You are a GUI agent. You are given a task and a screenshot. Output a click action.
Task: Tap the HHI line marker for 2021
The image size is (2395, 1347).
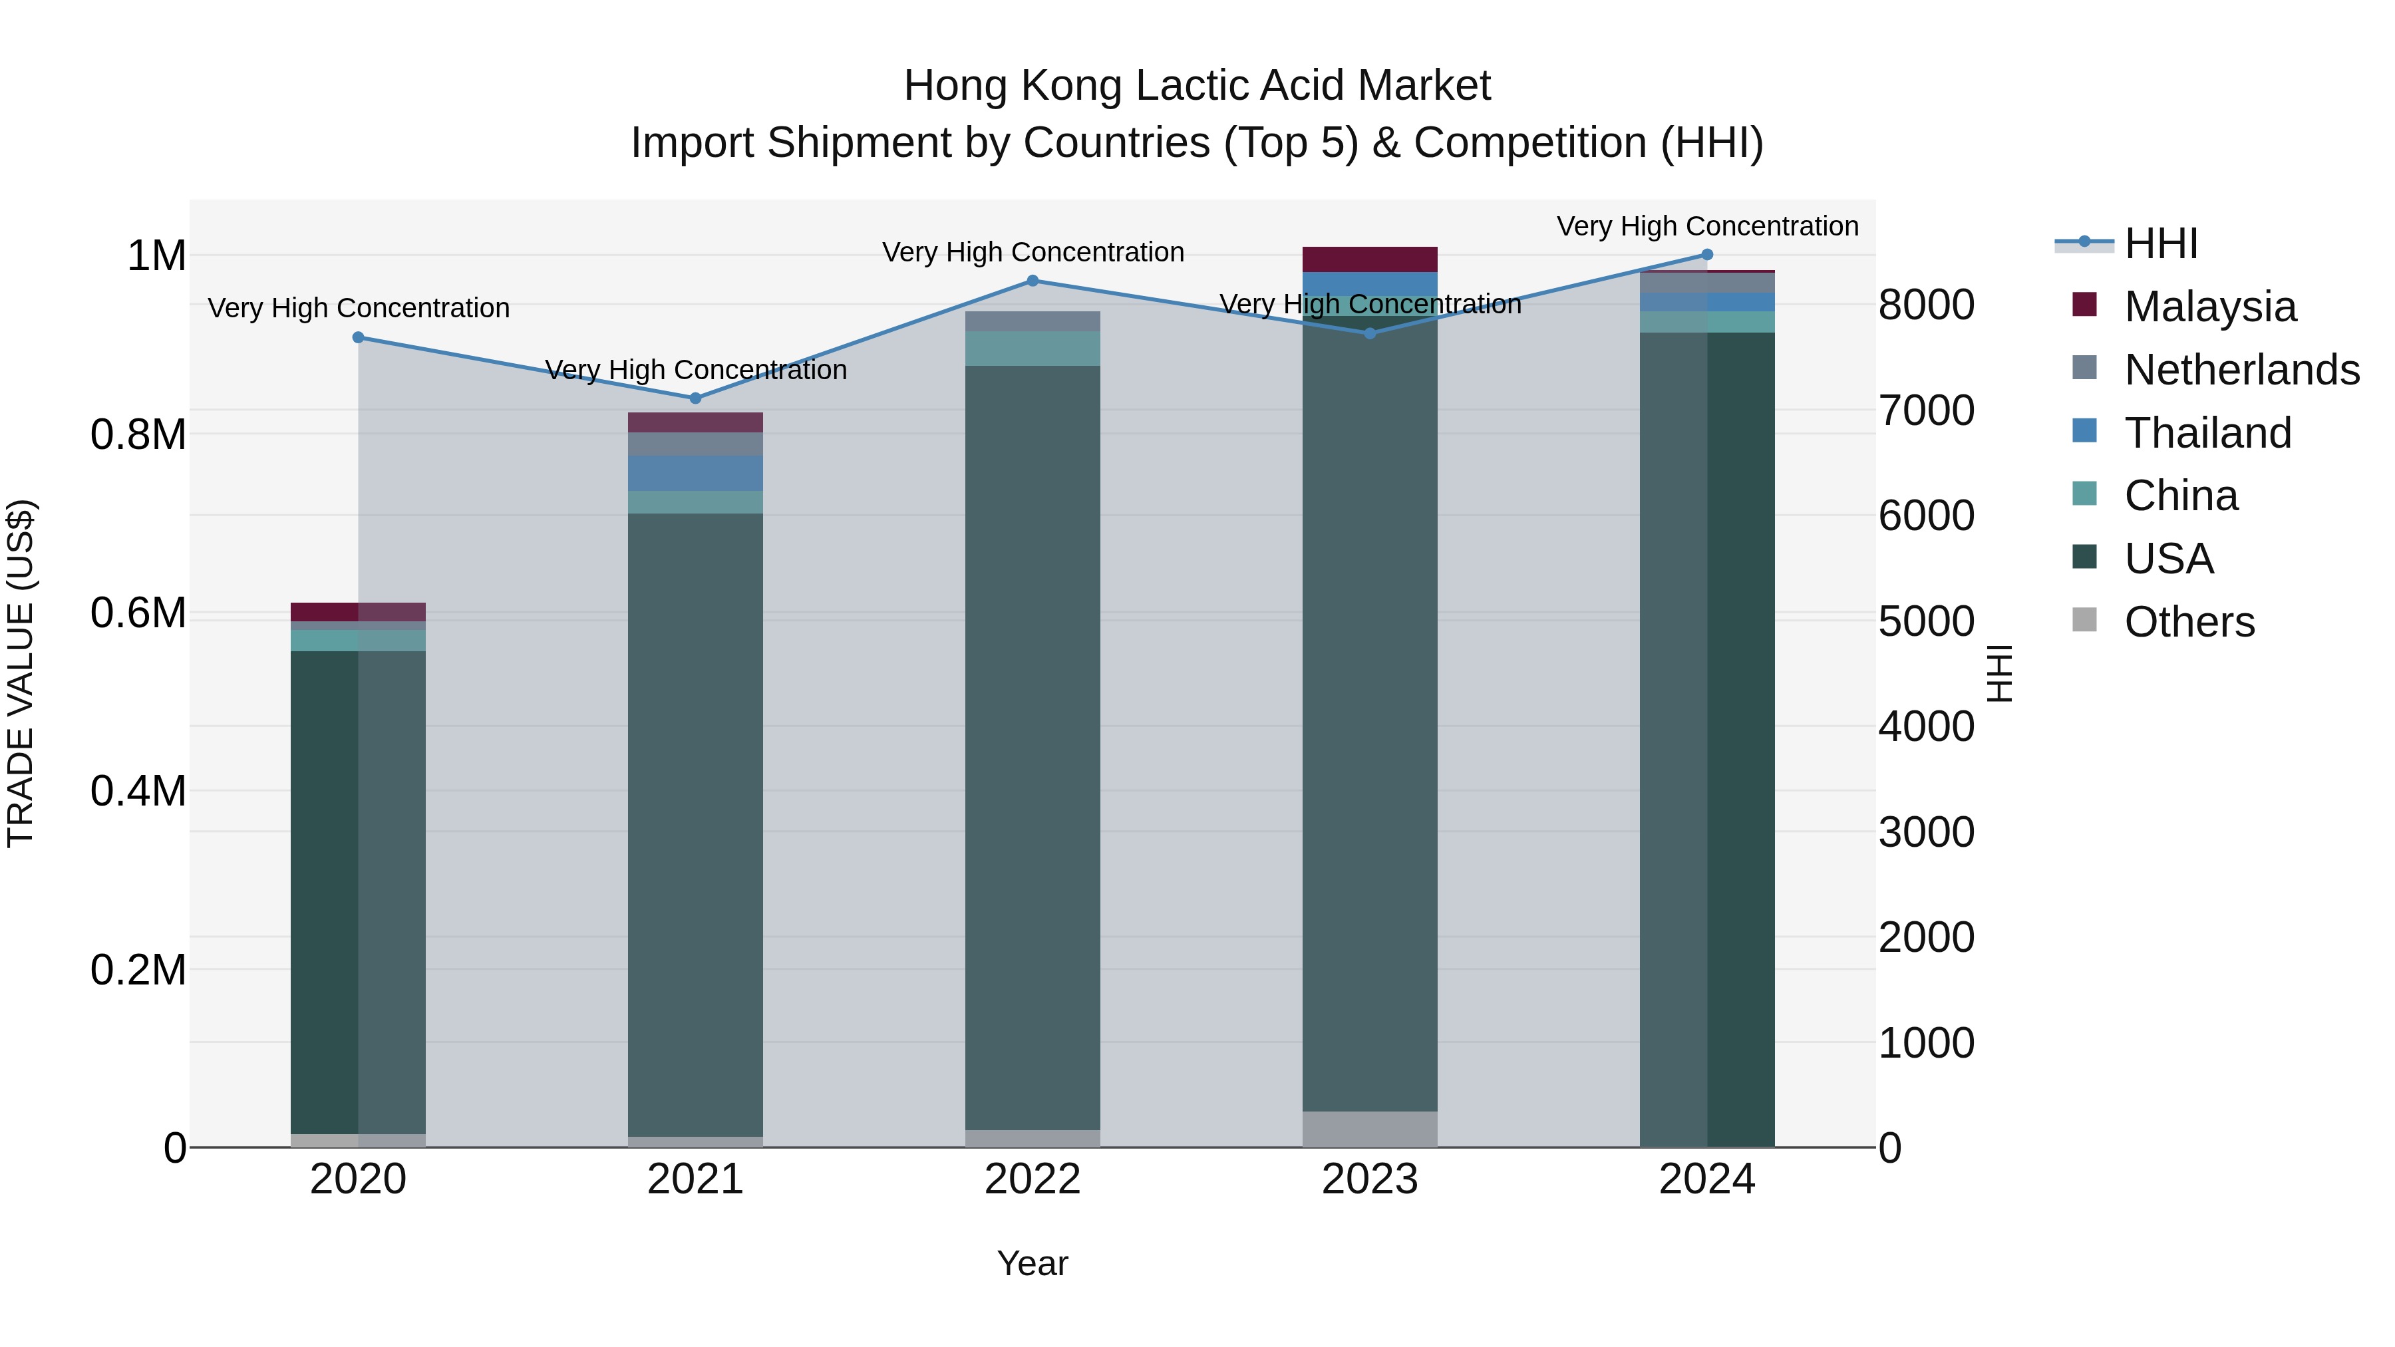[695, 398]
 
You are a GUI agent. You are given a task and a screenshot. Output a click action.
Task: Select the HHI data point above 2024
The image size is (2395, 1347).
[1707, 255]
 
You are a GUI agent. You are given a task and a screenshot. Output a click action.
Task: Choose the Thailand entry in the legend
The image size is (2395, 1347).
[2207, 433]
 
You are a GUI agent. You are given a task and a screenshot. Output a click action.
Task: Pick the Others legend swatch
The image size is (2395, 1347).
[2086, 620]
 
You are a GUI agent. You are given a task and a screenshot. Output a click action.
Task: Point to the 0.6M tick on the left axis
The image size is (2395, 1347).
[138, 613]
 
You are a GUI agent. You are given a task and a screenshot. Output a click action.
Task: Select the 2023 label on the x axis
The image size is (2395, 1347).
[1370, 1179]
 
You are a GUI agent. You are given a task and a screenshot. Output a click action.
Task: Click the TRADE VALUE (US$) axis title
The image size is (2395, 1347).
[21, 673]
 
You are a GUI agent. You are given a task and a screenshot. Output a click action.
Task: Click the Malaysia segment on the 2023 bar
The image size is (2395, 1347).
[1370, 259]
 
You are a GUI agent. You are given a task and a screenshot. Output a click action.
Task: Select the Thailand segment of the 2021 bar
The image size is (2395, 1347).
[695, 473]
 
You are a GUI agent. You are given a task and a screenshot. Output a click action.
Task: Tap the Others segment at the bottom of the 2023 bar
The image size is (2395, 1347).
[1370, 1129]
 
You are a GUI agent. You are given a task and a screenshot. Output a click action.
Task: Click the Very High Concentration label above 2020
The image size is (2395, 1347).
[359, 308]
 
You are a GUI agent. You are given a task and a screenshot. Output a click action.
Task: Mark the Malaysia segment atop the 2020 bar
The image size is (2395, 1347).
[358, 612]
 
